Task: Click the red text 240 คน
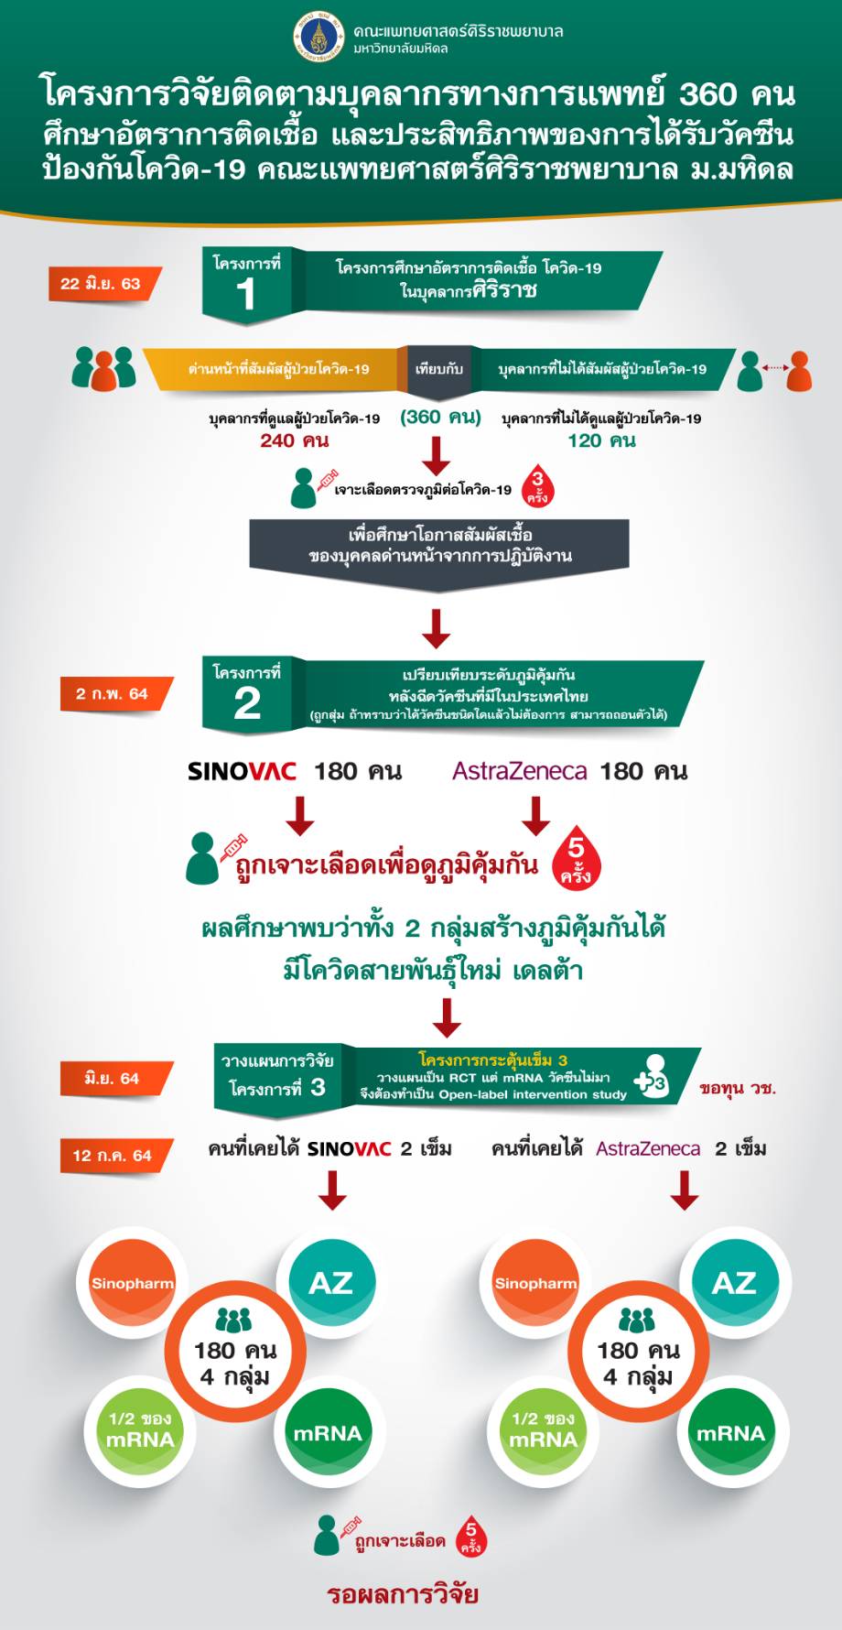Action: click(294, 440)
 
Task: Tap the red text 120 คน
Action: click(601, 440)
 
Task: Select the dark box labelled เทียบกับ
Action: click(439, 370)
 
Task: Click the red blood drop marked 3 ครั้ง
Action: click(537, 487)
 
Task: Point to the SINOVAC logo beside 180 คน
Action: click(242, 771)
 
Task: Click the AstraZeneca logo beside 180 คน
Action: click(519, 771)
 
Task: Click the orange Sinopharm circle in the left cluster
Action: click(133, 1283)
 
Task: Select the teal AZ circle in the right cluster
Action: click(734, 1282)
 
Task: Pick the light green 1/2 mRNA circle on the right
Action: click(543, 1430)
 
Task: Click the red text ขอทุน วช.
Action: click(738, 1088)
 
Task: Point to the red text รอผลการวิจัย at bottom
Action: click(403, 1593)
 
